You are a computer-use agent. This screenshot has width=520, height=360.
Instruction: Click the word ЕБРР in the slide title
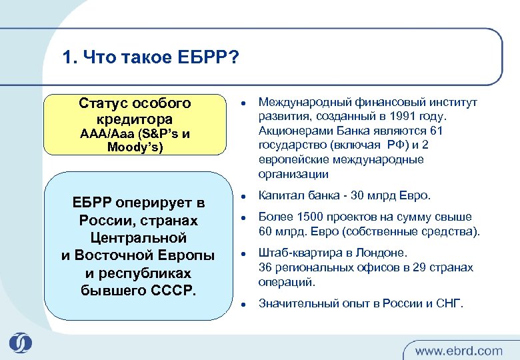click(x=201, y=57)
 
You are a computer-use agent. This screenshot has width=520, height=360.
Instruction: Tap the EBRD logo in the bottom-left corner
click(x=21, y=341)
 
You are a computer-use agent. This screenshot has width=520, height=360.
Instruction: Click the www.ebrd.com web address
click(x=459, y=350)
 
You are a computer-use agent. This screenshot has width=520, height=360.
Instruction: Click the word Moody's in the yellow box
click(x=135, y=147)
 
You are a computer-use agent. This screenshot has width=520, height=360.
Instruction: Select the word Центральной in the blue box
click(x=138, y=237)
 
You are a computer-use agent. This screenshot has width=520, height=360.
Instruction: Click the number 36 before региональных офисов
click(x=265, y=267)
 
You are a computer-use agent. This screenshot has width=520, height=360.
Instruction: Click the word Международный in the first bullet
click(x=297, y=103)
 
